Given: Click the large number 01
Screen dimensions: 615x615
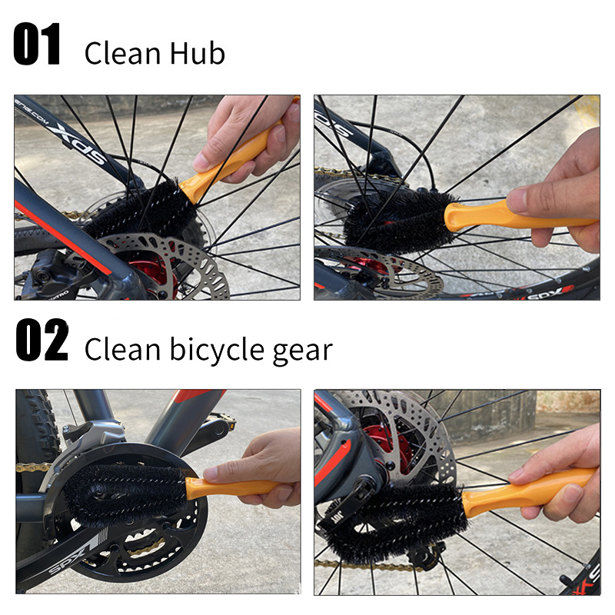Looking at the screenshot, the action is click(x=37, y=44).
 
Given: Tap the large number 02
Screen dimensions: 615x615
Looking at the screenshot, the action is click(x=42, y=340).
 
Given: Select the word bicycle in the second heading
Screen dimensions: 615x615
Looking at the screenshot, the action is click(x=217, y=349).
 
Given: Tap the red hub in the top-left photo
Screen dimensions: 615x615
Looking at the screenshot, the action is click(x=155, y=272).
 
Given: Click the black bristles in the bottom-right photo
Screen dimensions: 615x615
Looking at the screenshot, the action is click(x=396, y=522).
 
